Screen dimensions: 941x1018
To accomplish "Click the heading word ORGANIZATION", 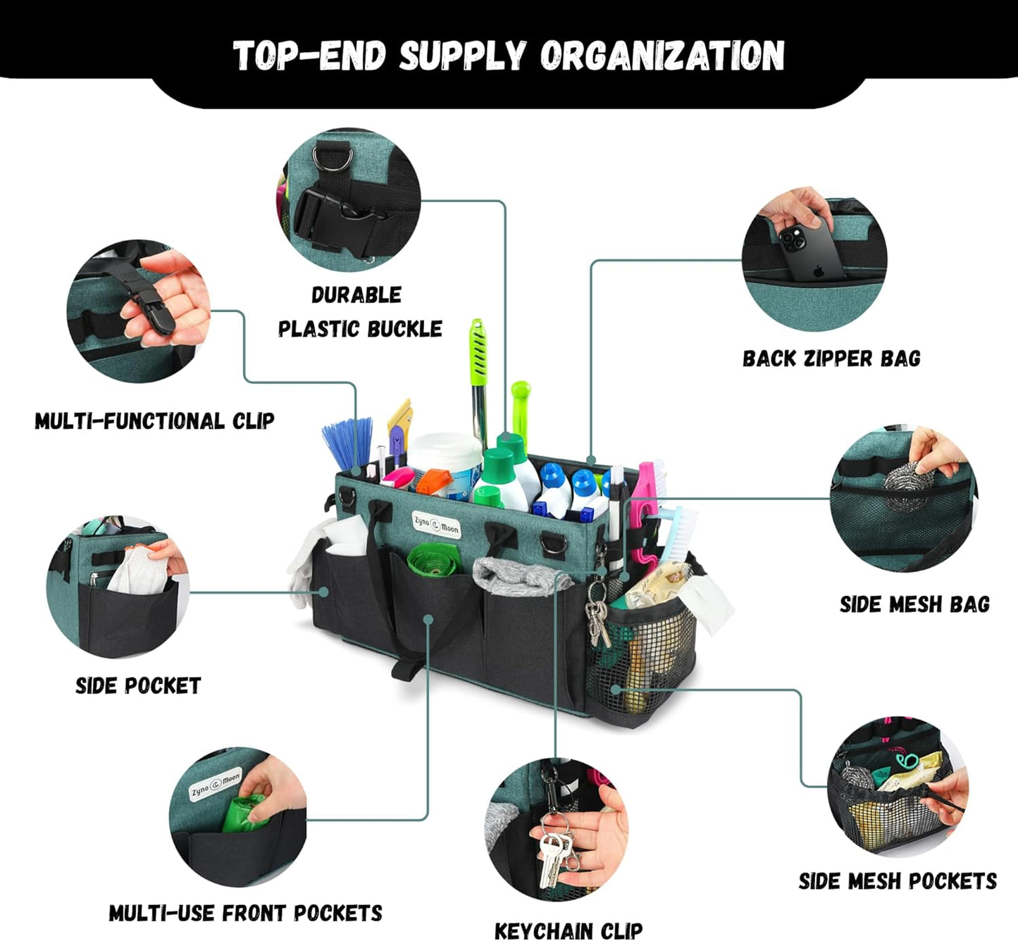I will click(x=662, y=56).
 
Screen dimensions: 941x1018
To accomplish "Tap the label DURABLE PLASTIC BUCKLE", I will click(x=359, y=312).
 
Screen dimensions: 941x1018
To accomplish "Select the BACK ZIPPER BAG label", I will click(x=831, y=359).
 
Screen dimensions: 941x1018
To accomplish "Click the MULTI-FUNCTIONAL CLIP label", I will click(x=154, y=421).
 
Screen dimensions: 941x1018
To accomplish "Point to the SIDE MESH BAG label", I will click(x=914, y=604).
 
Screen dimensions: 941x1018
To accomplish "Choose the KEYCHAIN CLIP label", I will click(x=568, y=930).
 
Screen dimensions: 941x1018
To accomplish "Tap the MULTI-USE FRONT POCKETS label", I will click(x=245, y=914).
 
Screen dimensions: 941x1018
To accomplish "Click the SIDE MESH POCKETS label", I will click(x=898, y=881).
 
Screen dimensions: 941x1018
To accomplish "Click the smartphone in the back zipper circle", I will click(x=811, y=251).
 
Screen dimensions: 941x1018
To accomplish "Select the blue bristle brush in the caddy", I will click(x=348, y=442).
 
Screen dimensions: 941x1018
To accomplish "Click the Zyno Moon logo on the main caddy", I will click(x=436, y=525).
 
